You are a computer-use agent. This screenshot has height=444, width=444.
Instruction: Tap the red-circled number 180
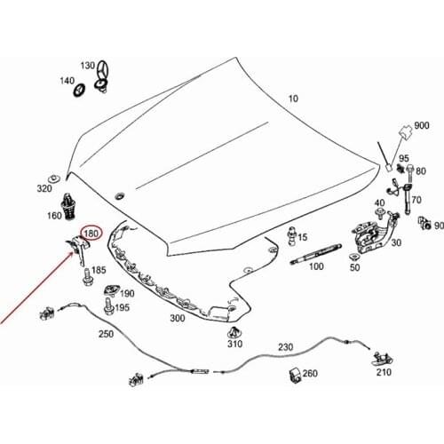pos(91,234)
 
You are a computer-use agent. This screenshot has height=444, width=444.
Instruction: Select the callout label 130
pos(87,67)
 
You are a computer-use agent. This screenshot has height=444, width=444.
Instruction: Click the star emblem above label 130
pos(103,69)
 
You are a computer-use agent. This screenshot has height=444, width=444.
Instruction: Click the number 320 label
pos(45,188)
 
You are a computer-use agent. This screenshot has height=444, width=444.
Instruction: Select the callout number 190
pos(127,293)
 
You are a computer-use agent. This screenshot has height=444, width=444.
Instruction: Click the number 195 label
pos(122,308)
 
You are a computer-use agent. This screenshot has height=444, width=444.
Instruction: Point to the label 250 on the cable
pos(106,335)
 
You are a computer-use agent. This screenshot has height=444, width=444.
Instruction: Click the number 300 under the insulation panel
pos(177,318)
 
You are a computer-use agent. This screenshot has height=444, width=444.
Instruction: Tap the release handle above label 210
pos(383,358)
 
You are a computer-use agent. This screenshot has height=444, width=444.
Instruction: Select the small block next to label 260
pos(292,372)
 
